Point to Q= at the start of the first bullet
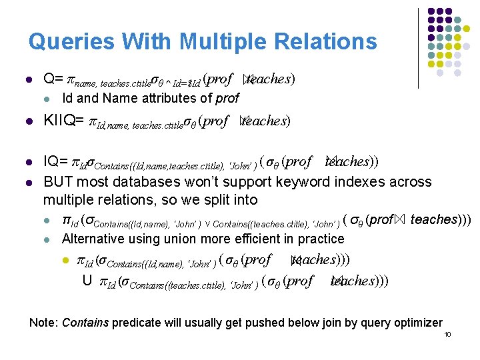tap(53, 79)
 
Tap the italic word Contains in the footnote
tap(85, 323)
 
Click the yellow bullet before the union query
tap(66, 260)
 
